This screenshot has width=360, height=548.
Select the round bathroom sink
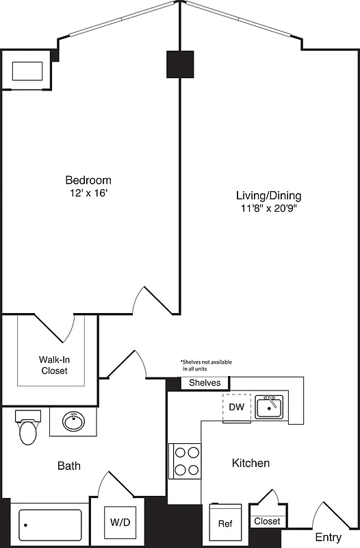[x=74, y=421]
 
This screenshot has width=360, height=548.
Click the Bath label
[x=68, y=466]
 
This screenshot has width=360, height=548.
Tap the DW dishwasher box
[x=236, y=407]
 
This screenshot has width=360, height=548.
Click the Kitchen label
[x=250, y=463]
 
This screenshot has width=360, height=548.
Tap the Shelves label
[x=205, y=383]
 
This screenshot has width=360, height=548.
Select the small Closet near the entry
[x=267, y=521]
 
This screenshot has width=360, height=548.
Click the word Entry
[x=328, y=537]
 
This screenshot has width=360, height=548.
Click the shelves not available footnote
[x=206, y=365]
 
